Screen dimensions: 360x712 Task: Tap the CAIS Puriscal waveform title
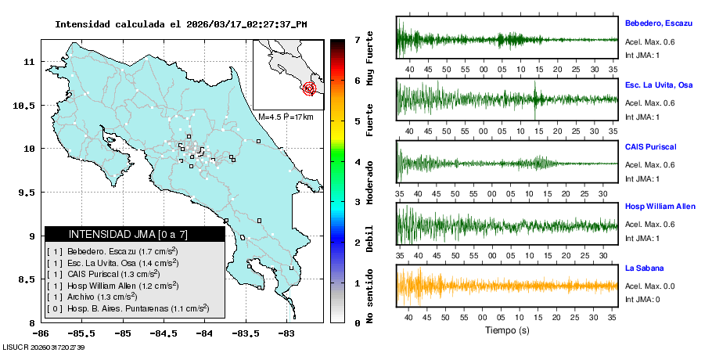pos(650,146)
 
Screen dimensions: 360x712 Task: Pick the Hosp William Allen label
pos(660,207)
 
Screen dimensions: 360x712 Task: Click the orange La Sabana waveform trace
pos(507,285)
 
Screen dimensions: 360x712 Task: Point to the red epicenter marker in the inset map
pos(310,88)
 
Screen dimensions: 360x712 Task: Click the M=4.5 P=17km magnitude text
pos(286,117)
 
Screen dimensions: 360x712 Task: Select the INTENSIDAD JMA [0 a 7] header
pos(128,234)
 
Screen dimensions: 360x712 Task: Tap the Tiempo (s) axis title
pos(507,330)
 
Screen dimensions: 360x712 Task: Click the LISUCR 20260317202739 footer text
pos(44,347)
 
